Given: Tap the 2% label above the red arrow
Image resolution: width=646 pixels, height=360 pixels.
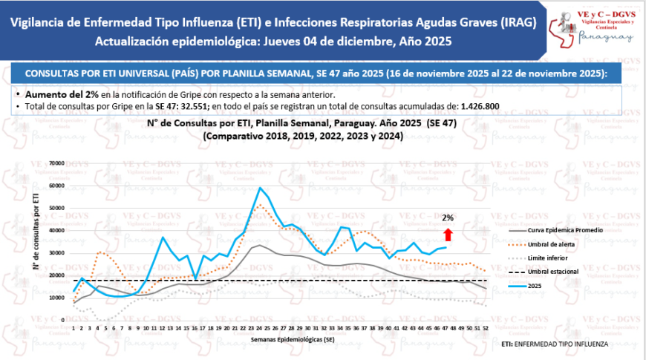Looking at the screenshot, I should coord(448,218).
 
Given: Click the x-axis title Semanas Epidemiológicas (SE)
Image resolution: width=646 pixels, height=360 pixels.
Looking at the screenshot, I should coord(281,338).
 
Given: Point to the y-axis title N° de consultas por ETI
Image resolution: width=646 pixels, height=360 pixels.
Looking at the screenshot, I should coord(36,230).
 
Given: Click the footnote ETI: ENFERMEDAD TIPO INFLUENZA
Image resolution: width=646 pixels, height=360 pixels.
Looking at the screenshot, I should coord(555,344).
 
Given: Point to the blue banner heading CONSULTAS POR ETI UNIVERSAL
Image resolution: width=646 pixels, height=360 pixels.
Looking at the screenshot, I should coord(316,74).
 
